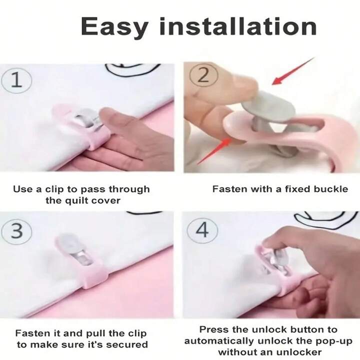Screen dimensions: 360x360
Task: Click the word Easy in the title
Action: [x=114, y=27]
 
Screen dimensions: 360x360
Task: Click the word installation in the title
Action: [x=238, y=26]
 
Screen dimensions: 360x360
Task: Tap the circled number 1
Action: [x=16, y=80]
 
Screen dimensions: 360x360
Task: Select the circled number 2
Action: [x=203, y=75]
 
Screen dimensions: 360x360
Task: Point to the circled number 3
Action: [x=16, y=231]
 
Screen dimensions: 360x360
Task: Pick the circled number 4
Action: [x=202, y=230]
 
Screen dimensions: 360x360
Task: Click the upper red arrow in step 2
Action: [x=292, y=71]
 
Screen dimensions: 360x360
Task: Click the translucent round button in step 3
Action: [x=68, y=243]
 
